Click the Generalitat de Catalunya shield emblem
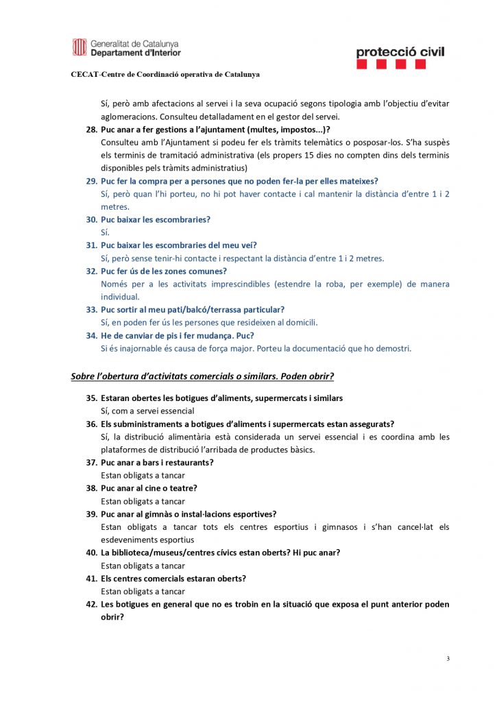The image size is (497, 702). click(79, 47)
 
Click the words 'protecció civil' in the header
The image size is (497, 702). click(400, 51)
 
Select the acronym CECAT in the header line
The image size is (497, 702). click(85, 74)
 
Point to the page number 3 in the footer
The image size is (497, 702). click(448, 659)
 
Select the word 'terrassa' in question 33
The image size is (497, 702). click(227, 310)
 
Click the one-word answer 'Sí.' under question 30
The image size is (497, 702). click(106, 232)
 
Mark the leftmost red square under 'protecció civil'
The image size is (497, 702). click(362, 64)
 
